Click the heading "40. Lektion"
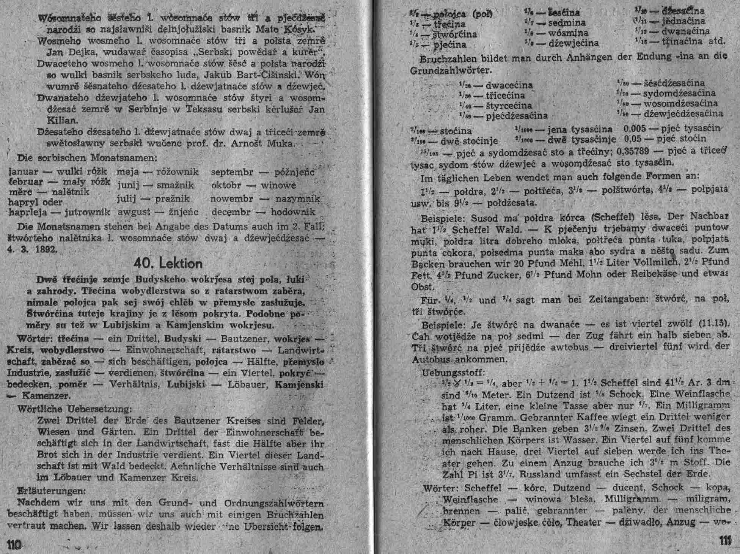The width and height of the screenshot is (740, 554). point(168,263)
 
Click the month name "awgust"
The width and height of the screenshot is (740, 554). point(134,212)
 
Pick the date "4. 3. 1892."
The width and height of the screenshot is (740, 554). point(33,250)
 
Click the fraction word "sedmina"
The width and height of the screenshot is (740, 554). point(567,23)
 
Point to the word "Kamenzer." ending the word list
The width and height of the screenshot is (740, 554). point(46,396)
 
